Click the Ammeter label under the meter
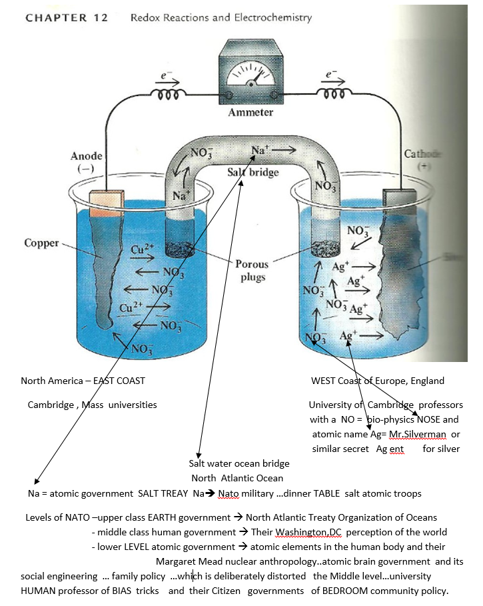tap(250, 112)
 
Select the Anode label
tap(87, 156)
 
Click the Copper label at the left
tap(41, 243)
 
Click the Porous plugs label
tap(252, 271)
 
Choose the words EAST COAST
tap(119, 381)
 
